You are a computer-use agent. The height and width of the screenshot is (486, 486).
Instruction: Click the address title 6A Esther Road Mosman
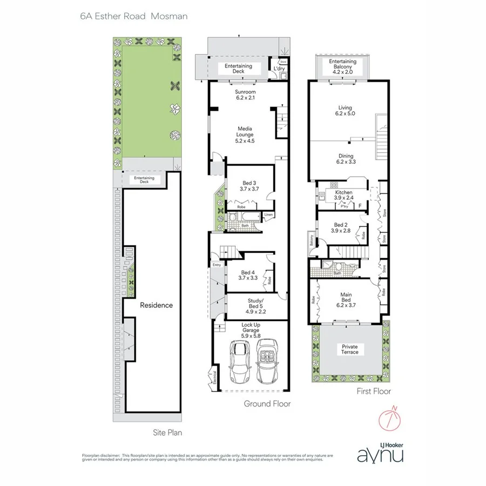coord(133,16)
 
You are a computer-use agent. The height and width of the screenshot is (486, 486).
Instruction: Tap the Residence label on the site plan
coord(157,305)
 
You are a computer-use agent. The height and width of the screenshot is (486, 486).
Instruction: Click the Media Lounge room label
coord(245,134)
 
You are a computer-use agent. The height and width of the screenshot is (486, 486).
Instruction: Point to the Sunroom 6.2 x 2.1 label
coord(245,96)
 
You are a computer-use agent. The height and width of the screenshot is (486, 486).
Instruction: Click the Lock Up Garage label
coord(250,330)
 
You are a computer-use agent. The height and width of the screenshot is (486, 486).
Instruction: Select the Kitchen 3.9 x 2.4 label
coord(343,195)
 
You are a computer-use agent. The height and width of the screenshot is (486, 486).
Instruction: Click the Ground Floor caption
coord(267,403)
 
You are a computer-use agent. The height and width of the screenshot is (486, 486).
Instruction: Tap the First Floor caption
coord(373,391)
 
